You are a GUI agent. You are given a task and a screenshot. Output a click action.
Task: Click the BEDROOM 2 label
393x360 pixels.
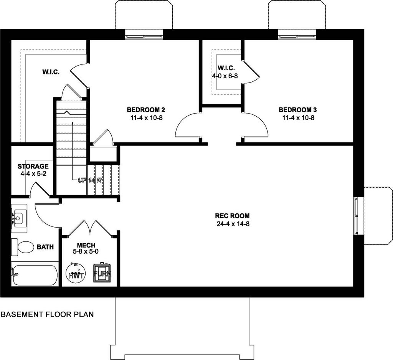(x=146, y=110)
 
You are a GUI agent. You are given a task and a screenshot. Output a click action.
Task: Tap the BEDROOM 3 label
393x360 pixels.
(x=298, y=110)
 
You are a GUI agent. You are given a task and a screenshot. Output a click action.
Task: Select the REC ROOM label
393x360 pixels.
(x=232, y=216)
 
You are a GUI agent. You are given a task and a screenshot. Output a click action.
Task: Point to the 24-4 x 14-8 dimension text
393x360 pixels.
(x=233, y=224)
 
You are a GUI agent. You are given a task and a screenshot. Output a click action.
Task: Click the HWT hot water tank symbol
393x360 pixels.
(x=76, y=274)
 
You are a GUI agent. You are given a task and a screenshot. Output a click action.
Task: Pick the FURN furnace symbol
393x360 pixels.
(x=102, y=273)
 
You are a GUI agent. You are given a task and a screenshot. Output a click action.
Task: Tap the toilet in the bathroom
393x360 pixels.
(x=23, y=247)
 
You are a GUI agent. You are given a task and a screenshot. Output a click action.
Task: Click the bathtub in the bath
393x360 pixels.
(x=35, y=275)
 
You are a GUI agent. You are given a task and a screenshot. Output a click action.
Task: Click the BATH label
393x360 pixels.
(x=45, y=247)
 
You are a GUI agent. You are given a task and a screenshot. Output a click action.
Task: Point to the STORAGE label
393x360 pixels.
(x=33, y=166)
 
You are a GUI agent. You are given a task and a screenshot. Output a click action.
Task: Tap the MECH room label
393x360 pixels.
(x=86, y=245)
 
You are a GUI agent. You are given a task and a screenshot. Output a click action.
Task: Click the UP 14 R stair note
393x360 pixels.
(x=89, y=180)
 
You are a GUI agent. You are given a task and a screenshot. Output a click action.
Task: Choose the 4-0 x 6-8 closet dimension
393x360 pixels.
(x=225, y=76)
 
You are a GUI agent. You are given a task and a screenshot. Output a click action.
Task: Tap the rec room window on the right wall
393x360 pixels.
(x=356, y=216)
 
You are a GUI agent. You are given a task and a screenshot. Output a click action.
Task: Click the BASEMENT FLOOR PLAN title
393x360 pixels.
(x=47, y=314)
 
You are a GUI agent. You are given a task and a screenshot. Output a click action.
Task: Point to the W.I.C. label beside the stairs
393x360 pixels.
(x=51, y=72)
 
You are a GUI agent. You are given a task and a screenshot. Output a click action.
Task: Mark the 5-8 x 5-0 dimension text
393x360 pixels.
(x=86, y=251)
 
